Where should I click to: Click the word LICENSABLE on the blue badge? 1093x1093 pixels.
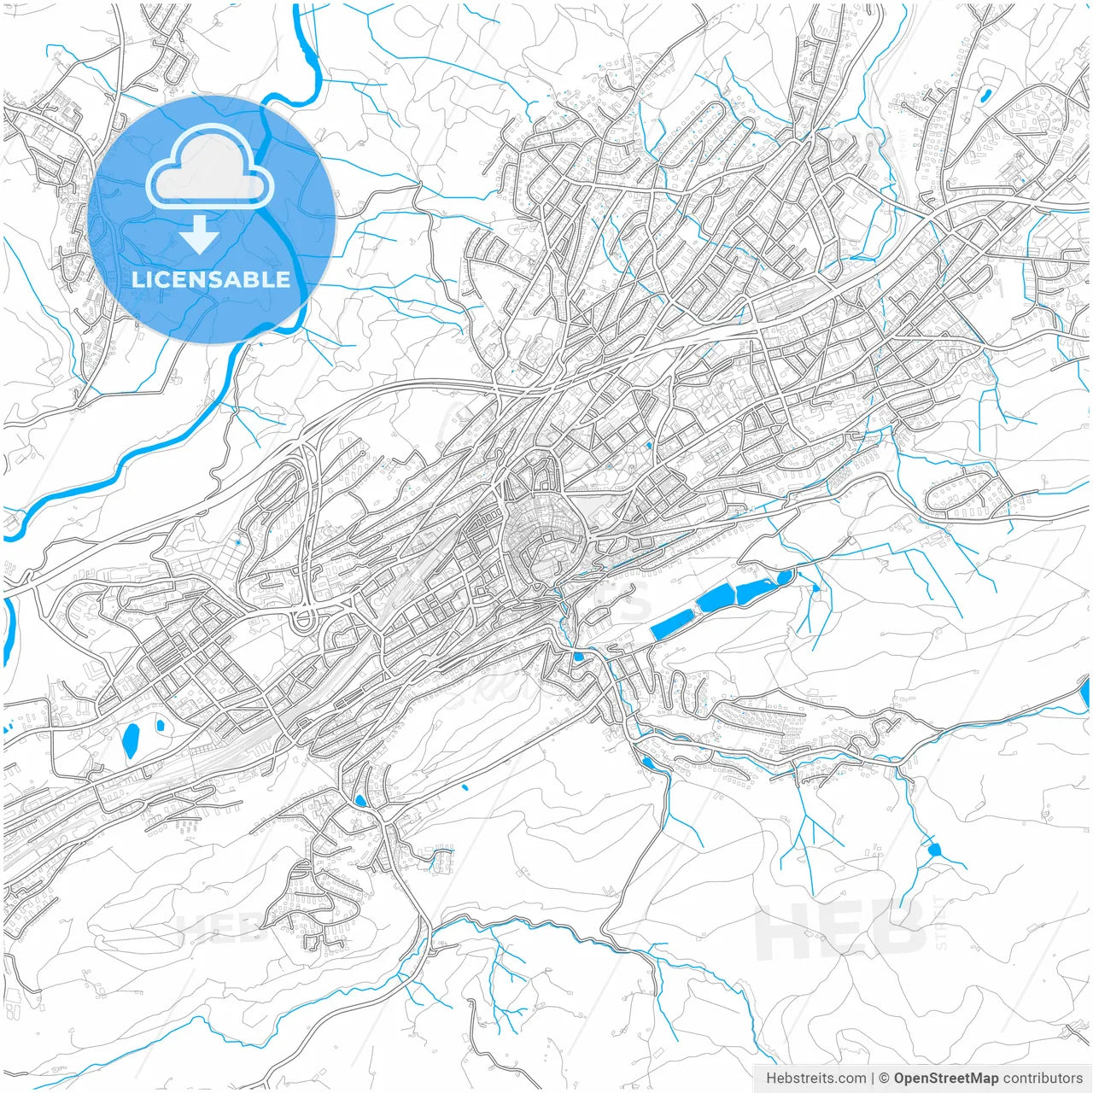(x=211, y=279)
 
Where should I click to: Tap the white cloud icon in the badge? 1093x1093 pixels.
(x=210, y=167)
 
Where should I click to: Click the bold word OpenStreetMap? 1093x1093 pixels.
(x=946, y=1078)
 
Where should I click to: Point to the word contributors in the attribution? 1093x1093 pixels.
(x=1043, y=1078)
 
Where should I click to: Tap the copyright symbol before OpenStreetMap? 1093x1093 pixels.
(x=885, y=1078)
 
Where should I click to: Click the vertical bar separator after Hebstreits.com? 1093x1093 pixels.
(x=873, y=1078)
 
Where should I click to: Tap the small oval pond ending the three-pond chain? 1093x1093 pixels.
(x=783, y=579)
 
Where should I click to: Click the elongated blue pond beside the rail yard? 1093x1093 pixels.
(x=131, y=740)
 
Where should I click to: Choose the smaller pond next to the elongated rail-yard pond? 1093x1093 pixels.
(x=160, y=725)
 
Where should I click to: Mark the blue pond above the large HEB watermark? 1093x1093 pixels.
(x=932, y=850)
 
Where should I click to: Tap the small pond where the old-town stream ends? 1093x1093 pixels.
(x=579, y=657)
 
